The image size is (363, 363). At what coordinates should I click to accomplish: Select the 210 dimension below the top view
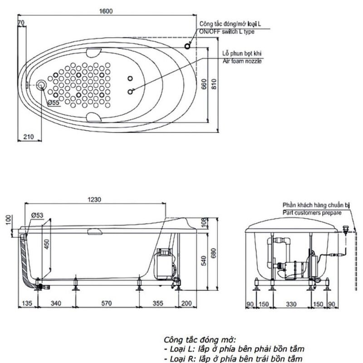pyautogui.click(x=28, y=137)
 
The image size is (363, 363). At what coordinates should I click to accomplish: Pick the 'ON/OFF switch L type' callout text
pyautogui.click(x=226, y=32)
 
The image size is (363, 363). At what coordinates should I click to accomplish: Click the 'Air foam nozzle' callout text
pyautogui.click(x=242, y=60)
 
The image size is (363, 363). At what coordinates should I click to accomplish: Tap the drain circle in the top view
pyautogui.click(x=43, y=84)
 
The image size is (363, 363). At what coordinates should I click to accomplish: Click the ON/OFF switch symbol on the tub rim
pyautogui.click(x=187, y=46)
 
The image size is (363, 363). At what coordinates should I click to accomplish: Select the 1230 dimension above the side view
pyautogui.click(x=94, y=199)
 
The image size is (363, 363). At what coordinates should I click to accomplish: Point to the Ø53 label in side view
pyautogui.click(x=37, y=215)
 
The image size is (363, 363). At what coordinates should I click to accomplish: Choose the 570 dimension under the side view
pyautogui.click(x=106, y=303)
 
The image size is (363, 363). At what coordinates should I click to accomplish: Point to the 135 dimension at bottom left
pyautogui.click(x=28, y=303)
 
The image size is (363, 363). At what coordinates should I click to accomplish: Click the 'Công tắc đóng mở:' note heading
pyautogui.click(x=200, y=340)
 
